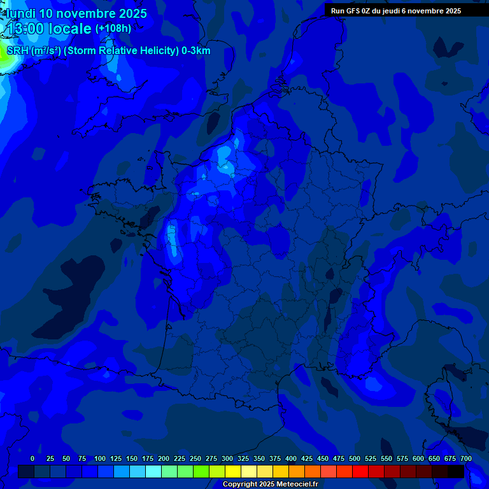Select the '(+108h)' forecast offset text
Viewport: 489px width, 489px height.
(x=113, y=29)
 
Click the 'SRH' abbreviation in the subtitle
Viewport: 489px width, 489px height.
(x=17, y=51)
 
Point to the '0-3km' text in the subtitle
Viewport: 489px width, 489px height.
(x=195, y=51)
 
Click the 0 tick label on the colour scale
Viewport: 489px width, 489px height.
(x=32, y=459)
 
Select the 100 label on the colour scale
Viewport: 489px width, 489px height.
(x=100, y=459)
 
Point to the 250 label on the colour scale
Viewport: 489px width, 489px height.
(x=195, y=459)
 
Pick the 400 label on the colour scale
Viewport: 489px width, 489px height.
(x=291, y=459)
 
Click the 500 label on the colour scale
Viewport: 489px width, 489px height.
(x=355, y=459)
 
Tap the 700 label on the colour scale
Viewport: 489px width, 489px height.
(x=466, y=459)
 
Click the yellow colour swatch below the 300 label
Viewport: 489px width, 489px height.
(x=233, y=472)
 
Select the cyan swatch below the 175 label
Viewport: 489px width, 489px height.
(x=153, y=472)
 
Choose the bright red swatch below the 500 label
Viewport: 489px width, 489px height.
(x=360, y=472)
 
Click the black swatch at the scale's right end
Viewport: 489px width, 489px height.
(x=456, y=472)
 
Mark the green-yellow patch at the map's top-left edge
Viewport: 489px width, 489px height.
(x=3, y=59)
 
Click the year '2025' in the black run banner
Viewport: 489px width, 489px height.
(x=453, y=11)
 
